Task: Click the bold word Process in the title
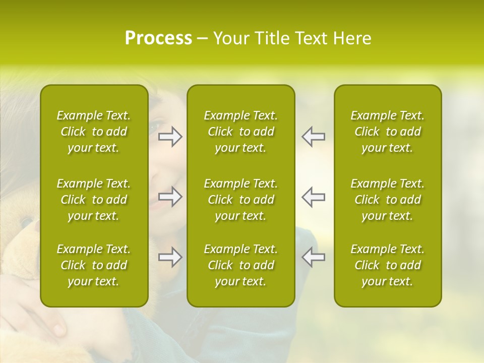(158, 38)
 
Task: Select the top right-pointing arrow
(170, 137)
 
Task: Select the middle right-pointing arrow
(170, 197)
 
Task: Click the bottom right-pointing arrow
(170, 257)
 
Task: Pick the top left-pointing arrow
(313, 137)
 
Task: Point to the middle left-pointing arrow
(313, 197)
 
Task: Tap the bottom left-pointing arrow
(313, 257)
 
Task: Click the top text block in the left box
(94, 132)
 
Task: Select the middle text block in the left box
(94, 200)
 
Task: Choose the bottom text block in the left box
(94, 265)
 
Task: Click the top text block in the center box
(241, 132)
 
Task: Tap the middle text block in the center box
(241, 200)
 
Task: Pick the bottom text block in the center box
(241, 265)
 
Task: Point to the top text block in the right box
(388, 132)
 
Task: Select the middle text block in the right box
(388, 200)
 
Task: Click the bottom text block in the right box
(388, 265)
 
